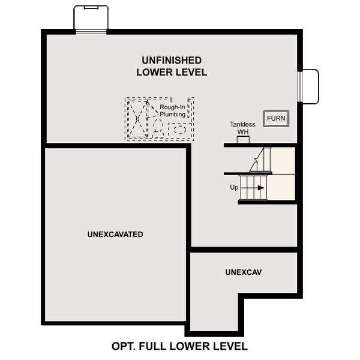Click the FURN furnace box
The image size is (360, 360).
pos(276,118)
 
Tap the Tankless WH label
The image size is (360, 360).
pos(242,128)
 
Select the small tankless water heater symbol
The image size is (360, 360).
pos(243,140)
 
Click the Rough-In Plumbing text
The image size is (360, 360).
pos(172,110)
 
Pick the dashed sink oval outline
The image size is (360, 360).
pos(178,128)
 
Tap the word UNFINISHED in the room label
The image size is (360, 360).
pos(172,60)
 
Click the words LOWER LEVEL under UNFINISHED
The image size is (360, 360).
pos(172,73)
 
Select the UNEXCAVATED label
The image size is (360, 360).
pos(115,234)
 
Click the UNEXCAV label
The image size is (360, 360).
pos(244,272)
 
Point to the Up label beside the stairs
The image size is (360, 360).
pos(234,187)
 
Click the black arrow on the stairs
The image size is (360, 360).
pos(260,188)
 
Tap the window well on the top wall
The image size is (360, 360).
pos(91,18)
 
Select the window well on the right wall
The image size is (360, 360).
pos(309,87)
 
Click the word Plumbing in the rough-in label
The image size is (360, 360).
pos(172,114)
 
